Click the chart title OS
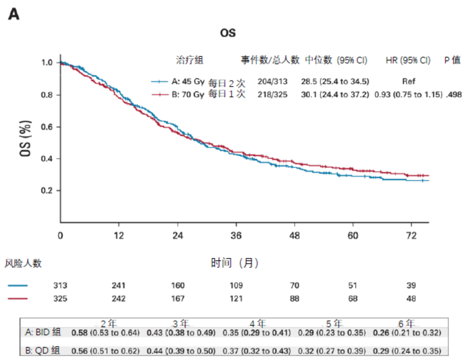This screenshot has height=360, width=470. coord(228,33)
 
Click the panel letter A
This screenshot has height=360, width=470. coord(14,15)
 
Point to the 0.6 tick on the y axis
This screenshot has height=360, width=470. coord(49,127)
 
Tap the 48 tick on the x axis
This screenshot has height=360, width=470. coord(294,236)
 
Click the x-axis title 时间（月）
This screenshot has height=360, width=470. coord(235,263)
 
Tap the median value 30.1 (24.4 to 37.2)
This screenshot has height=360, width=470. coord(335,95)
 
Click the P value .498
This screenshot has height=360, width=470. coord(453,95)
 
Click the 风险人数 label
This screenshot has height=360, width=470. coord(23,264)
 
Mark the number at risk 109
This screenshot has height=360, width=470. coord(236,286)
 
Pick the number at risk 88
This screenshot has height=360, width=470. coord(294,299)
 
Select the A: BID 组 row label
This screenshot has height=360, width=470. coord(43,333)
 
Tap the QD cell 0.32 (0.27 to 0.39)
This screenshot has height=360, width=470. coord(332,351)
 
